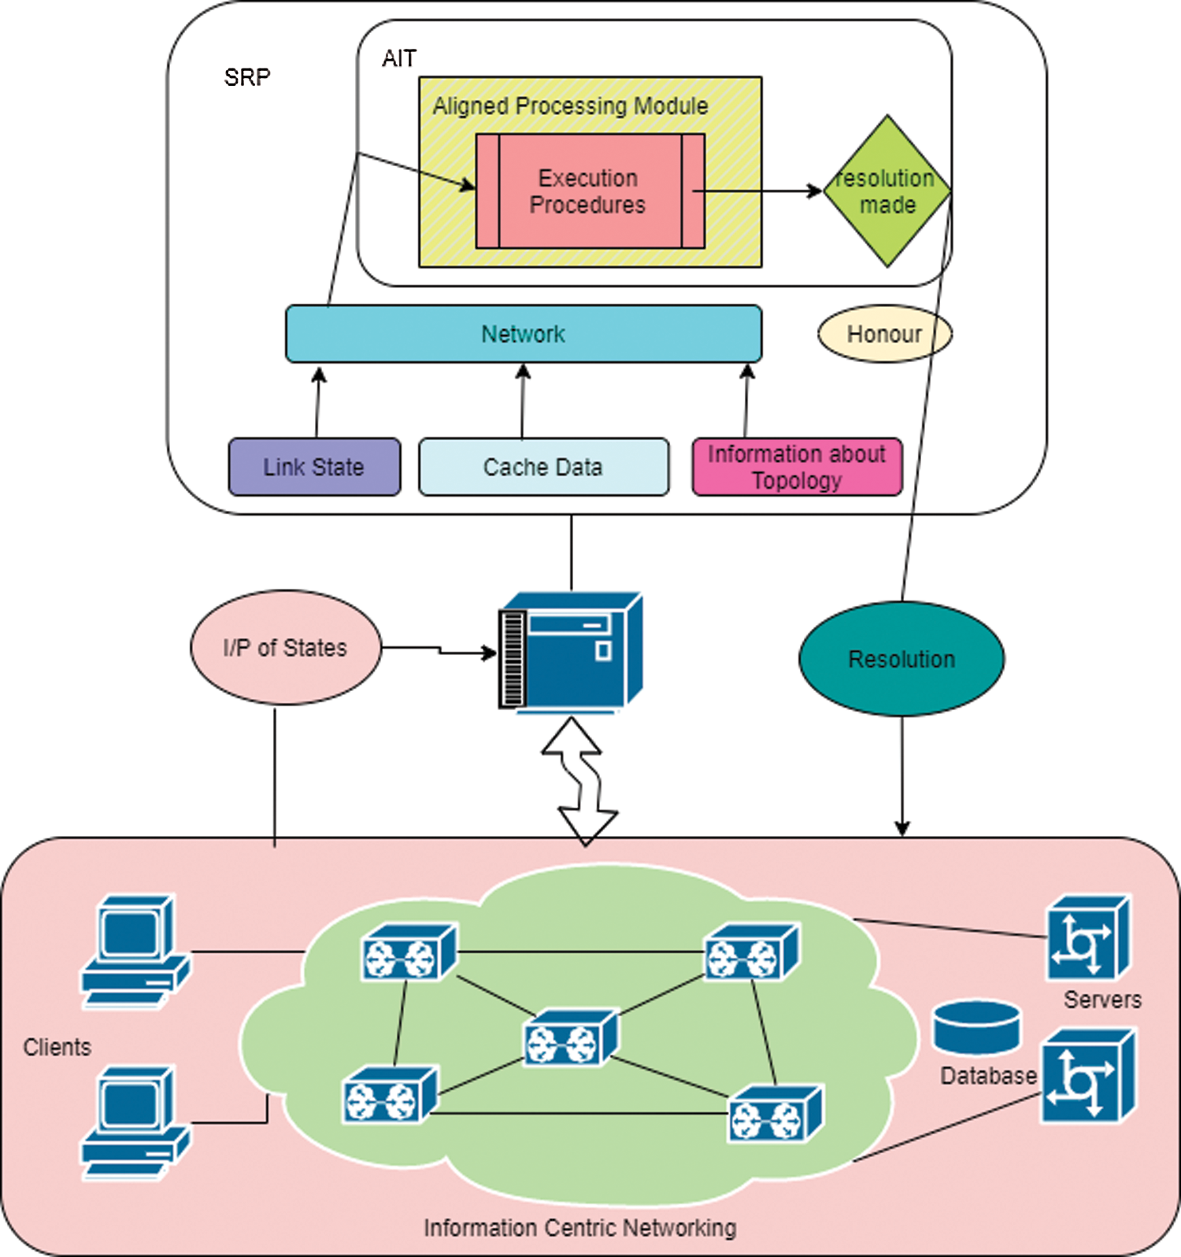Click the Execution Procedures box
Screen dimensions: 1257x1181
click(x=590, y=191)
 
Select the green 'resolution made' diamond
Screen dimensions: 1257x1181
click(x=887, y=191)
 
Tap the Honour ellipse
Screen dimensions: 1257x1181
click(x=884, y=334)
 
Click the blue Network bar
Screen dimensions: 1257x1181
click(x=524, y=334)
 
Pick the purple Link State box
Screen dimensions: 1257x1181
click(x=314, y=467)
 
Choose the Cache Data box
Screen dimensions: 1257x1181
click(x=543, y=467)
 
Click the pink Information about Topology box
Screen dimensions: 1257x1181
click(x=797, y=467)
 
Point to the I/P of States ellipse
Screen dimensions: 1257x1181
click(x=285, y=647)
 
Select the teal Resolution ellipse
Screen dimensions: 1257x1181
click(x=901, y=659)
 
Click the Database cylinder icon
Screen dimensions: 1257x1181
click(x=977, y=1027)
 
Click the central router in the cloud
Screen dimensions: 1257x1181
click(x=571, y=1037)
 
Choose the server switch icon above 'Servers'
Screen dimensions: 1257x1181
click(x=1087, y=938)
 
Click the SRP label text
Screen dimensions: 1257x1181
click(x=247, y=77)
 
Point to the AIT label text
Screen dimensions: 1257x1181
click(x=398, y=59)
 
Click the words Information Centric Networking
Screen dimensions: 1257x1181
click(x=579, y=1228)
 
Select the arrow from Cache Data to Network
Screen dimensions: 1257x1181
click(x=523, y=401)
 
